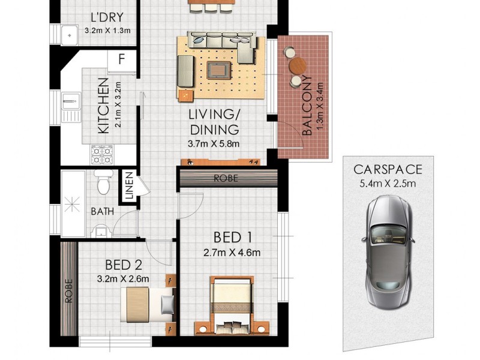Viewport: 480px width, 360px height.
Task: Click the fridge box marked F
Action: point(122,61)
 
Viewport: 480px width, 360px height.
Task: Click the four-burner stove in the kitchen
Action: point(101,155)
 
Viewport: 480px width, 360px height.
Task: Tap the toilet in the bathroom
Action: point(103,181)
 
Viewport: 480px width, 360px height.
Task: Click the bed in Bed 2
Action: point(147,304)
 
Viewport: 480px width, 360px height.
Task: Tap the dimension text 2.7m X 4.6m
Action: point(232,252)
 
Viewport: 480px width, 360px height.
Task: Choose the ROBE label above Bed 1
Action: point(226,178)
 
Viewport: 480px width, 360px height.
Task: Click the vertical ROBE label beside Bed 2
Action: point(68,291)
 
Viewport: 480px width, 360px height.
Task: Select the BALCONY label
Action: point(307,106)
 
